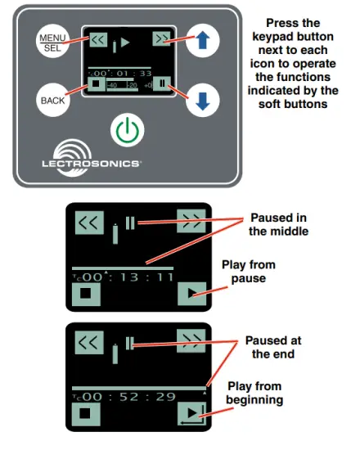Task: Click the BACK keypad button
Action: click(x=52, y=100)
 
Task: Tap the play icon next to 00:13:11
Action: click(x=191, y=292)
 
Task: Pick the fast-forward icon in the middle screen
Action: click(x=191, y=221)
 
